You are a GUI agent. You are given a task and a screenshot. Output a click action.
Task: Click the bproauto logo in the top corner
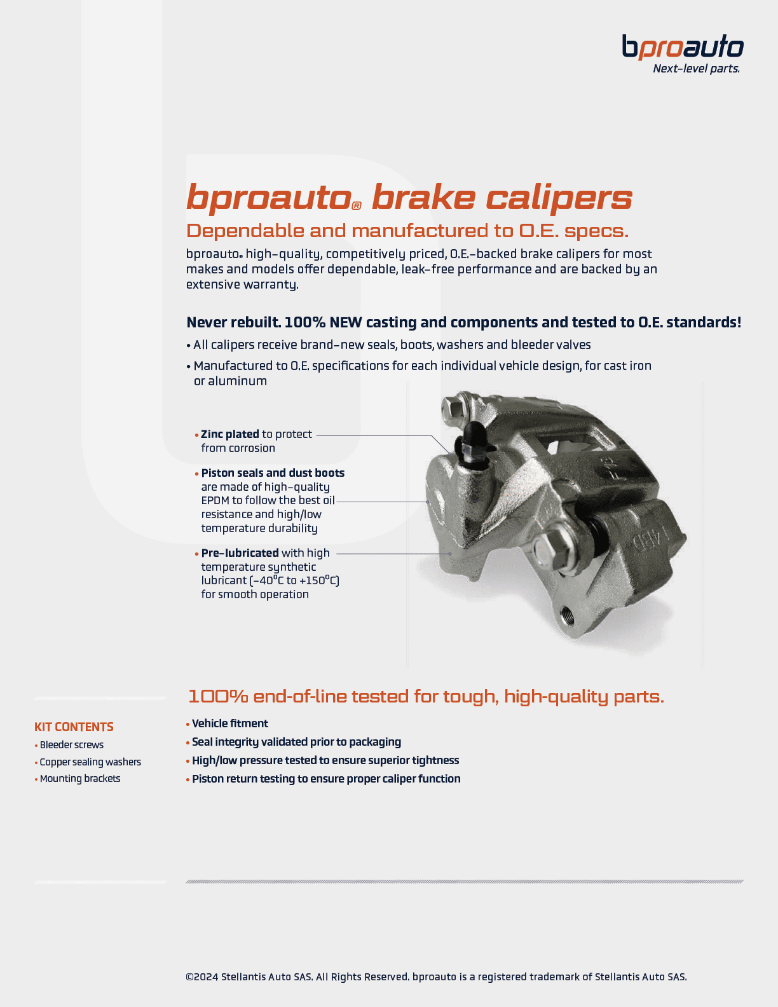(x=682, y=47)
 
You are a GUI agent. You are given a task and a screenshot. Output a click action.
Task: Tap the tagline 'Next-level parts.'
(x=696, y=69)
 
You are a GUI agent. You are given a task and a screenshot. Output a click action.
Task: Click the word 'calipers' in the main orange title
(x=559, y=198)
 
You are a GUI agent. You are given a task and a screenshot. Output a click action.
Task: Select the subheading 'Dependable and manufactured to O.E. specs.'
(x=407, y=230)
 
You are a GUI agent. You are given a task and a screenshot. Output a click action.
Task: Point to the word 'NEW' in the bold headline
(x=346, y=322)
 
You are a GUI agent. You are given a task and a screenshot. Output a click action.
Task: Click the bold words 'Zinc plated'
(x=229, y=434)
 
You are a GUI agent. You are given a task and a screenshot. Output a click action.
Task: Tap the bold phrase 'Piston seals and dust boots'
(x=273, y=473)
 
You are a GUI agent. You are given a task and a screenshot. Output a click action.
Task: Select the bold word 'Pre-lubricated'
(x=240, y=553)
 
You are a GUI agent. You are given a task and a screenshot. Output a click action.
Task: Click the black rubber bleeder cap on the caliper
(x=473, y=435)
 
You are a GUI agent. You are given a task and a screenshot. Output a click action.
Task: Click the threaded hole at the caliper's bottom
(x=566, y=615)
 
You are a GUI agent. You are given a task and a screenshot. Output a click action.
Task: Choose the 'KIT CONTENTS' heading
(x=74, y=727)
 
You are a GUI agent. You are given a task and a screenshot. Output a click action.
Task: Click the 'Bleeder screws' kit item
(x=71, y=745)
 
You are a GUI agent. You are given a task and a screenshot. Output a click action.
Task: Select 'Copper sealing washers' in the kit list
(x=90, y=762)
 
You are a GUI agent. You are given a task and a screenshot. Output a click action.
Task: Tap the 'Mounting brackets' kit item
(x=80, y=779)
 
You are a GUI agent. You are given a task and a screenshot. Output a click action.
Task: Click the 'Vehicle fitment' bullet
(x=230, y=723)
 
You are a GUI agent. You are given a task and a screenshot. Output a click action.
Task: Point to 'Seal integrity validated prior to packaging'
(x=296, y=742)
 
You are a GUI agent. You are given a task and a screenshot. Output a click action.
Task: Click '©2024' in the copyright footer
(x=202, y=976)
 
